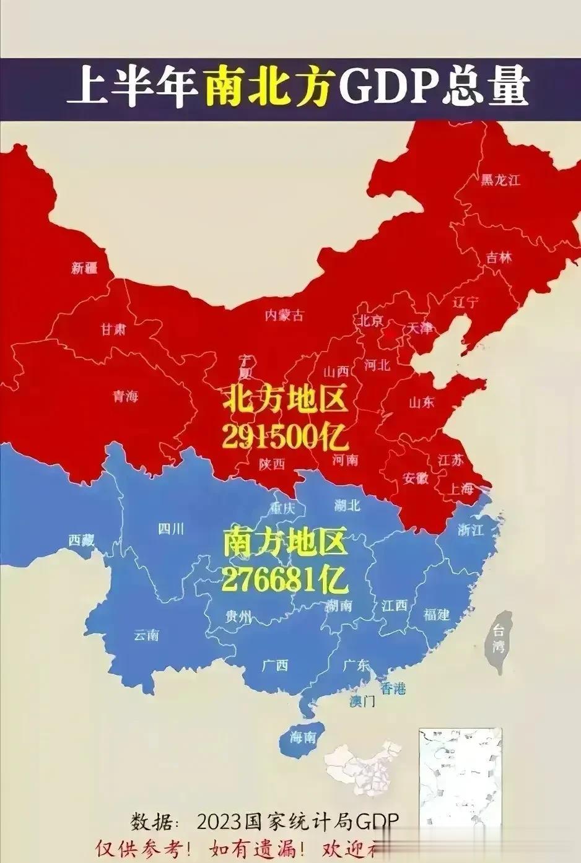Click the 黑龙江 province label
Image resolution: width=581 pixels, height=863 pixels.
point(500,180)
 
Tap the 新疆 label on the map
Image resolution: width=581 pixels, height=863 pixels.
point(84,268)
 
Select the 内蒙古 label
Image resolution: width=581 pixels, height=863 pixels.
point(284,315)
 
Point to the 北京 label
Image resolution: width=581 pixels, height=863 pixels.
point(369,320)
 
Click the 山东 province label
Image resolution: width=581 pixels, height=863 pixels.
point(421,402)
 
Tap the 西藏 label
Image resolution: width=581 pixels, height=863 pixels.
point(82,540)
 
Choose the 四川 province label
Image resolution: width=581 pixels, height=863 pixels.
point(171,529)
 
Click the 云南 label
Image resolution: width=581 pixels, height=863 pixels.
point(147,635)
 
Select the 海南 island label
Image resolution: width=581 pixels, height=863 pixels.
point(304,737)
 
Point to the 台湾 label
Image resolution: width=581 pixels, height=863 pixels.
point(499,640)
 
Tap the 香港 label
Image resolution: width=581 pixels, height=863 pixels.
point(393,687)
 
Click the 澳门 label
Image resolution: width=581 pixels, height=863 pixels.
point(362,701)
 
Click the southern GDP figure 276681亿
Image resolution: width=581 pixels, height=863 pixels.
point(284,579)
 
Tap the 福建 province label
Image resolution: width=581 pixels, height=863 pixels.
point(437,614)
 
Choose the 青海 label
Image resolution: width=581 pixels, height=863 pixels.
point(125,397)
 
